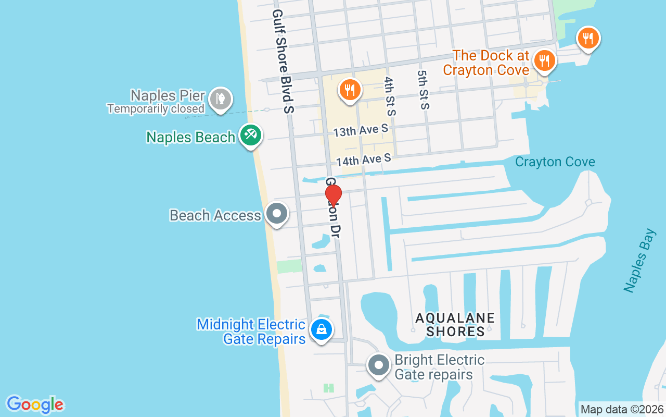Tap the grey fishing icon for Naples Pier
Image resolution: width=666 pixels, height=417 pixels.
[221, 99]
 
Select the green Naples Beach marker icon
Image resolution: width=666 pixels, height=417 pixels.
[251, 135]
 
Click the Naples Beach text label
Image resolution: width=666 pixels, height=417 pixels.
[190, 137]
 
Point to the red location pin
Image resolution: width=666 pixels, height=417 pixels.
[334, 195]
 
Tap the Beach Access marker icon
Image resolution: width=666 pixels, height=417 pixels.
[277, 213]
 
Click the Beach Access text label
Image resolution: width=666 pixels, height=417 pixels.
[215, 215]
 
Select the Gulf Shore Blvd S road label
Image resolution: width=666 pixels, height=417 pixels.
[284, 61]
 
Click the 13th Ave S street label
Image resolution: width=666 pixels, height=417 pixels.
[361, 130]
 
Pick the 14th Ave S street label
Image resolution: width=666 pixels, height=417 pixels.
[363, 160]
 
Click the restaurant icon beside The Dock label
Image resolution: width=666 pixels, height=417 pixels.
[544, 60]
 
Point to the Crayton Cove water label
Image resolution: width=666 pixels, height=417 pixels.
[555, 162]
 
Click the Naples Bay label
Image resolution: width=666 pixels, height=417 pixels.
[639, 260]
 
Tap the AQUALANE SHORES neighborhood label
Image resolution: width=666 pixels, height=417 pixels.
[455, 324]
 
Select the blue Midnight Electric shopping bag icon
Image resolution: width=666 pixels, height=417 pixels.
[322, 329]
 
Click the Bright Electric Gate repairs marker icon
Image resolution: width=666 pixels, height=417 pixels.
[378, 365]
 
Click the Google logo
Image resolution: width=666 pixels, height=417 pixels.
[35, 404]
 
